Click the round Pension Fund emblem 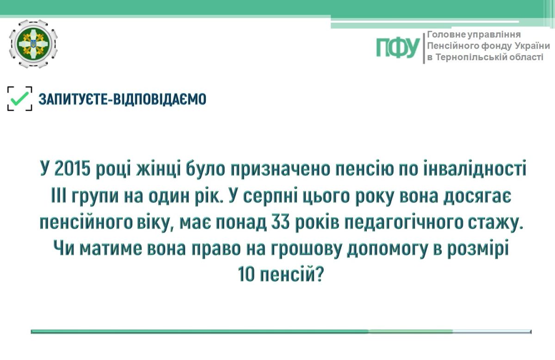point(33,44)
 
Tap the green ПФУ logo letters point(398,48)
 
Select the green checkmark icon point(20,99)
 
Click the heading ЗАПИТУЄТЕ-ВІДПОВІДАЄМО point(122,99)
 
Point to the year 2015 point(72,168)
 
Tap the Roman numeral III point(58,196)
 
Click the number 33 point(280,222)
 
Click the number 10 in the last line point(246,274)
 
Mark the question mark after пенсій point(320,274)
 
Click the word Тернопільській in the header point(471,57)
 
